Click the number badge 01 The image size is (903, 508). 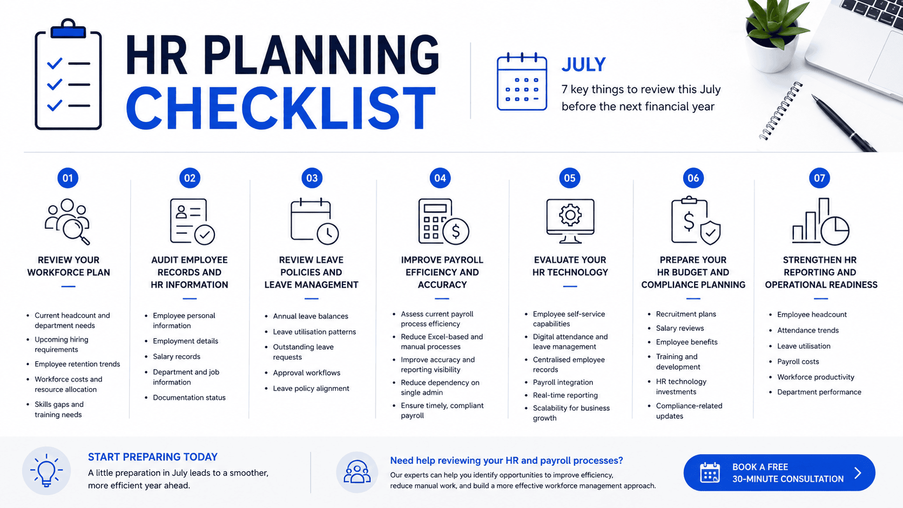(x=68, y=178)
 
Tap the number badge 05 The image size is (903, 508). (x=570, y=178)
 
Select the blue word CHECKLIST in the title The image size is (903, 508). (x=281, y=109)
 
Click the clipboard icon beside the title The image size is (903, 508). (x=68, y=74)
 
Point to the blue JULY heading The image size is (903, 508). (x=584, y=64)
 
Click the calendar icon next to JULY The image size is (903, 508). (x=522, y=82)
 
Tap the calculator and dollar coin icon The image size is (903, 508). (x=443, y=221)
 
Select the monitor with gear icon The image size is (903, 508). (x=570, y=221)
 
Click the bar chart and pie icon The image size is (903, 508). (x=820, y=221)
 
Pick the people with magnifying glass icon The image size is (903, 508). (x=68, y=221)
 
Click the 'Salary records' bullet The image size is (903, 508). (x=177, y=356)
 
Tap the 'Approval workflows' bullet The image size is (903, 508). (x=306, y=372)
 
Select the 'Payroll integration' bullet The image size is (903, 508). (x=563, y=382)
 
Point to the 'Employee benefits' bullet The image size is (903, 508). (x=686, y=342)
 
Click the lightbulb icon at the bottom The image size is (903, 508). (x=46, y=471)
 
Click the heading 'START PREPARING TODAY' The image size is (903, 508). (x=153, y=457)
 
